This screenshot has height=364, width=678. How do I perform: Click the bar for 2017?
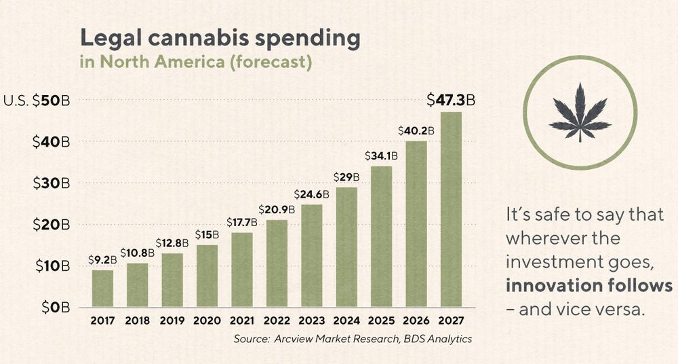[102, 289]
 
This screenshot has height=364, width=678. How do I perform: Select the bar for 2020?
[207, 276]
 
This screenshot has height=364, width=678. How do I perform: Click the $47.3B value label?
[451, 101]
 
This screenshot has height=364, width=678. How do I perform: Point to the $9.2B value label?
[102, 260]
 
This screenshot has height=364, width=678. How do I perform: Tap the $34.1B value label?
[381, 156]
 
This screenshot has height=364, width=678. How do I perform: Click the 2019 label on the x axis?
[172, 321]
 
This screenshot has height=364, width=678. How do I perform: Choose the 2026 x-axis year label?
[416, 321]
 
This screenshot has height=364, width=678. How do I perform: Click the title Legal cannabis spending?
[220, 38]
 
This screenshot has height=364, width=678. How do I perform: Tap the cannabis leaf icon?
[580, 113]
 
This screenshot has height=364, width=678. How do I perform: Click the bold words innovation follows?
[589, 285]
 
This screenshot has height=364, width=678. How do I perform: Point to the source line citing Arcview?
[353, 339]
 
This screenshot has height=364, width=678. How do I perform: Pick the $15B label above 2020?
[207, 235]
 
